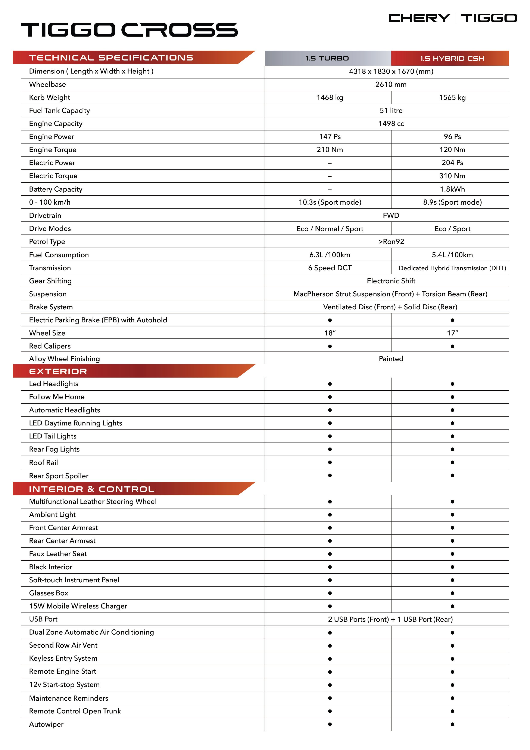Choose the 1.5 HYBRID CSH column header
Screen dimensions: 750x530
452,58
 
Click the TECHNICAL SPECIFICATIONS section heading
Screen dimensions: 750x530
111,58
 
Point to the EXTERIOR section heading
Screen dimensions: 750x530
58,371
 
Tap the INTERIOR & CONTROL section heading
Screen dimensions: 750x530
91,489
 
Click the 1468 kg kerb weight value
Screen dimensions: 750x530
330,97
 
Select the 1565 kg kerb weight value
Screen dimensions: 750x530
452,97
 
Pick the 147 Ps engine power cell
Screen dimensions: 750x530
330,137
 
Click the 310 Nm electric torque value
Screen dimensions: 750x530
452,176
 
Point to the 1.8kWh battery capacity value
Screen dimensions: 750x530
452,189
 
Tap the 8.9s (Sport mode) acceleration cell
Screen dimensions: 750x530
452,202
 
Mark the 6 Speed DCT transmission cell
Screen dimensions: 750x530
330,268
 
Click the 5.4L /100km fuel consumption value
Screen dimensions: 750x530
452,255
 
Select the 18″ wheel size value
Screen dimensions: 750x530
330,333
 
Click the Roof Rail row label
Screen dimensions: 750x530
43,462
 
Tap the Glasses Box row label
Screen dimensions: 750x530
49,593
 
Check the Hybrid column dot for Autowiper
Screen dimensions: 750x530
452,724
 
